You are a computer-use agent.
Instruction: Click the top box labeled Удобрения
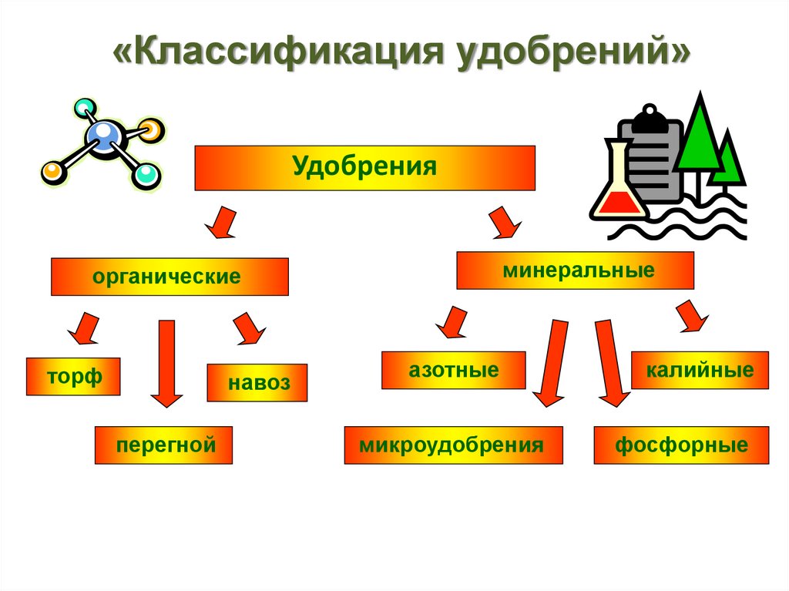pos(364,168)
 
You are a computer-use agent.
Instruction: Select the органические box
pos(170,277)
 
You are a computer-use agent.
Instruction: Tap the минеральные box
pos(575,270)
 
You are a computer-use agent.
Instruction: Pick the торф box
pos(73,377)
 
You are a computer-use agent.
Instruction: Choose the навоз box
pos(257,383)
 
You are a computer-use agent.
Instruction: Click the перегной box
pos(163,445)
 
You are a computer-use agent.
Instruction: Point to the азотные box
pos(453,371)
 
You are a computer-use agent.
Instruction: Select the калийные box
pos(700,371)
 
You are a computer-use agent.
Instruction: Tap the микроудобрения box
pos(453,445)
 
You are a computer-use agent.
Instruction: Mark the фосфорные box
pos(681,445)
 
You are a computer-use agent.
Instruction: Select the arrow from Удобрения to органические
pos(221,221)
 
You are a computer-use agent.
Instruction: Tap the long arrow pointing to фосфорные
pos(609,362)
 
